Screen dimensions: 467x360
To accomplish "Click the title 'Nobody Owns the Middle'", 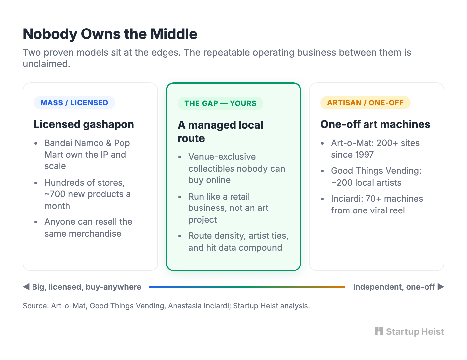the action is [x=110, y=34].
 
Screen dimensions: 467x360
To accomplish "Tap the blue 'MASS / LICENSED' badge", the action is [x=74, y=103].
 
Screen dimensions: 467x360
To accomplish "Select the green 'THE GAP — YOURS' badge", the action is [x=220, y=103].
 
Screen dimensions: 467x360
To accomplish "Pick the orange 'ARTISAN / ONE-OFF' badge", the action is [x=365, y=103].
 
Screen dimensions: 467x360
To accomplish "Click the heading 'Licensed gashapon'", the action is [x=84, y=124].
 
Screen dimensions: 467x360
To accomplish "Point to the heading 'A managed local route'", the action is [x=221, y=131].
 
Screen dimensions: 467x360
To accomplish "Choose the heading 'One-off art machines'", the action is [x=375, y=124].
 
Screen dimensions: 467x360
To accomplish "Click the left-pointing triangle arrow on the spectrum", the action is [x=26, y=287].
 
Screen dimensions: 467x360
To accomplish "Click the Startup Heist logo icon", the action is [x=379, y=331].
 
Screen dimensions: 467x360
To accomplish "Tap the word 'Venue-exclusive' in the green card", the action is [x=222, y=157].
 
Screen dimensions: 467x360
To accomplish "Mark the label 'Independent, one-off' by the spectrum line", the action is [x=394, y=287].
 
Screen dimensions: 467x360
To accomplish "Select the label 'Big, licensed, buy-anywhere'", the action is [x=87, y=287].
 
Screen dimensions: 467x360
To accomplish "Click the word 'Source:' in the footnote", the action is [x=36, y=306].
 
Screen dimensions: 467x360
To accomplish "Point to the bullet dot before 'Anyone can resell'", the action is [x=36, y=222].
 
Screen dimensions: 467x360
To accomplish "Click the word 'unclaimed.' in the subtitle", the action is [x=46, y=64].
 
